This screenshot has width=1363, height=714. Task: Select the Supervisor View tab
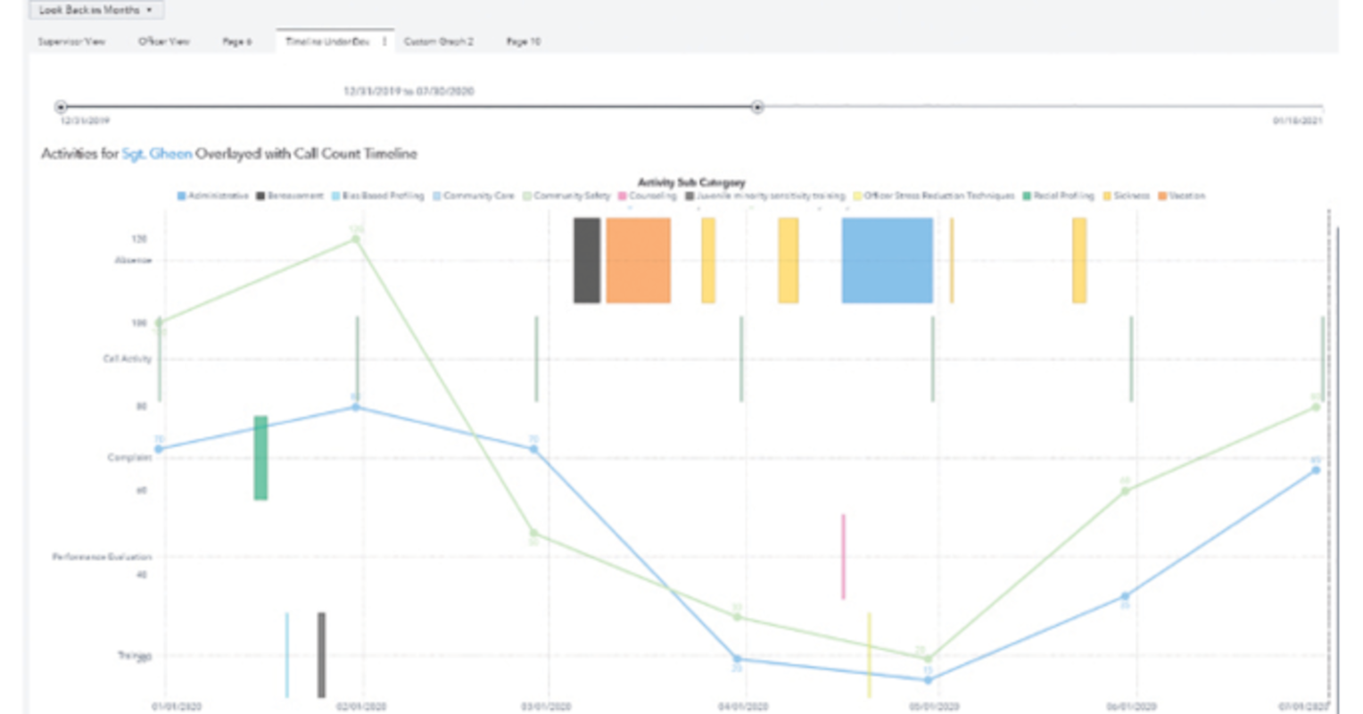71,42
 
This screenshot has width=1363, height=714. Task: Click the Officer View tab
164,42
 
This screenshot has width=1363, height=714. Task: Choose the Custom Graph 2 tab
439,42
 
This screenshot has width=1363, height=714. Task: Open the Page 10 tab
523,42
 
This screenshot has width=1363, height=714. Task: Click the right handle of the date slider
757,107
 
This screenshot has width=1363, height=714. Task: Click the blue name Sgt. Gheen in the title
157,154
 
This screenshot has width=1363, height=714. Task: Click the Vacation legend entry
1185,195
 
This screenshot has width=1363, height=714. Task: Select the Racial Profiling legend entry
1062,195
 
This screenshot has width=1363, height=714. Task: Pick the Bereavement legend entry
290,195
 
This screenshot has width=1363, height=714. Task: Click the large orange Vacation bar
638,260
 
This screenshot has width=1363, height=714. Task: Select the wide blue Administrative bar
887,260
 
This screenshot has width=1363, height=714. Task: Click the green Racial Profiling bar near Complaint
260,458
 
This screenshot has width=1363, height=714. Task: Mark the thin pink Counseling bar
843,556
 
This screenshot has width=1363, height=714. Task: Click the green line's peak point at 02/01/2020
356,238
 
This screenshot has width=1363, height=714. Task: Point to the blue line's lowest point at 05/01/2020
928,680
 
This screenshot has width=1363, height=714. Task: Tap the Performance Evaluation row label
102,556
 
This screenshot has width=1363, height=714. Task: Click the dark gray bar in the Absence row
587,260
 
